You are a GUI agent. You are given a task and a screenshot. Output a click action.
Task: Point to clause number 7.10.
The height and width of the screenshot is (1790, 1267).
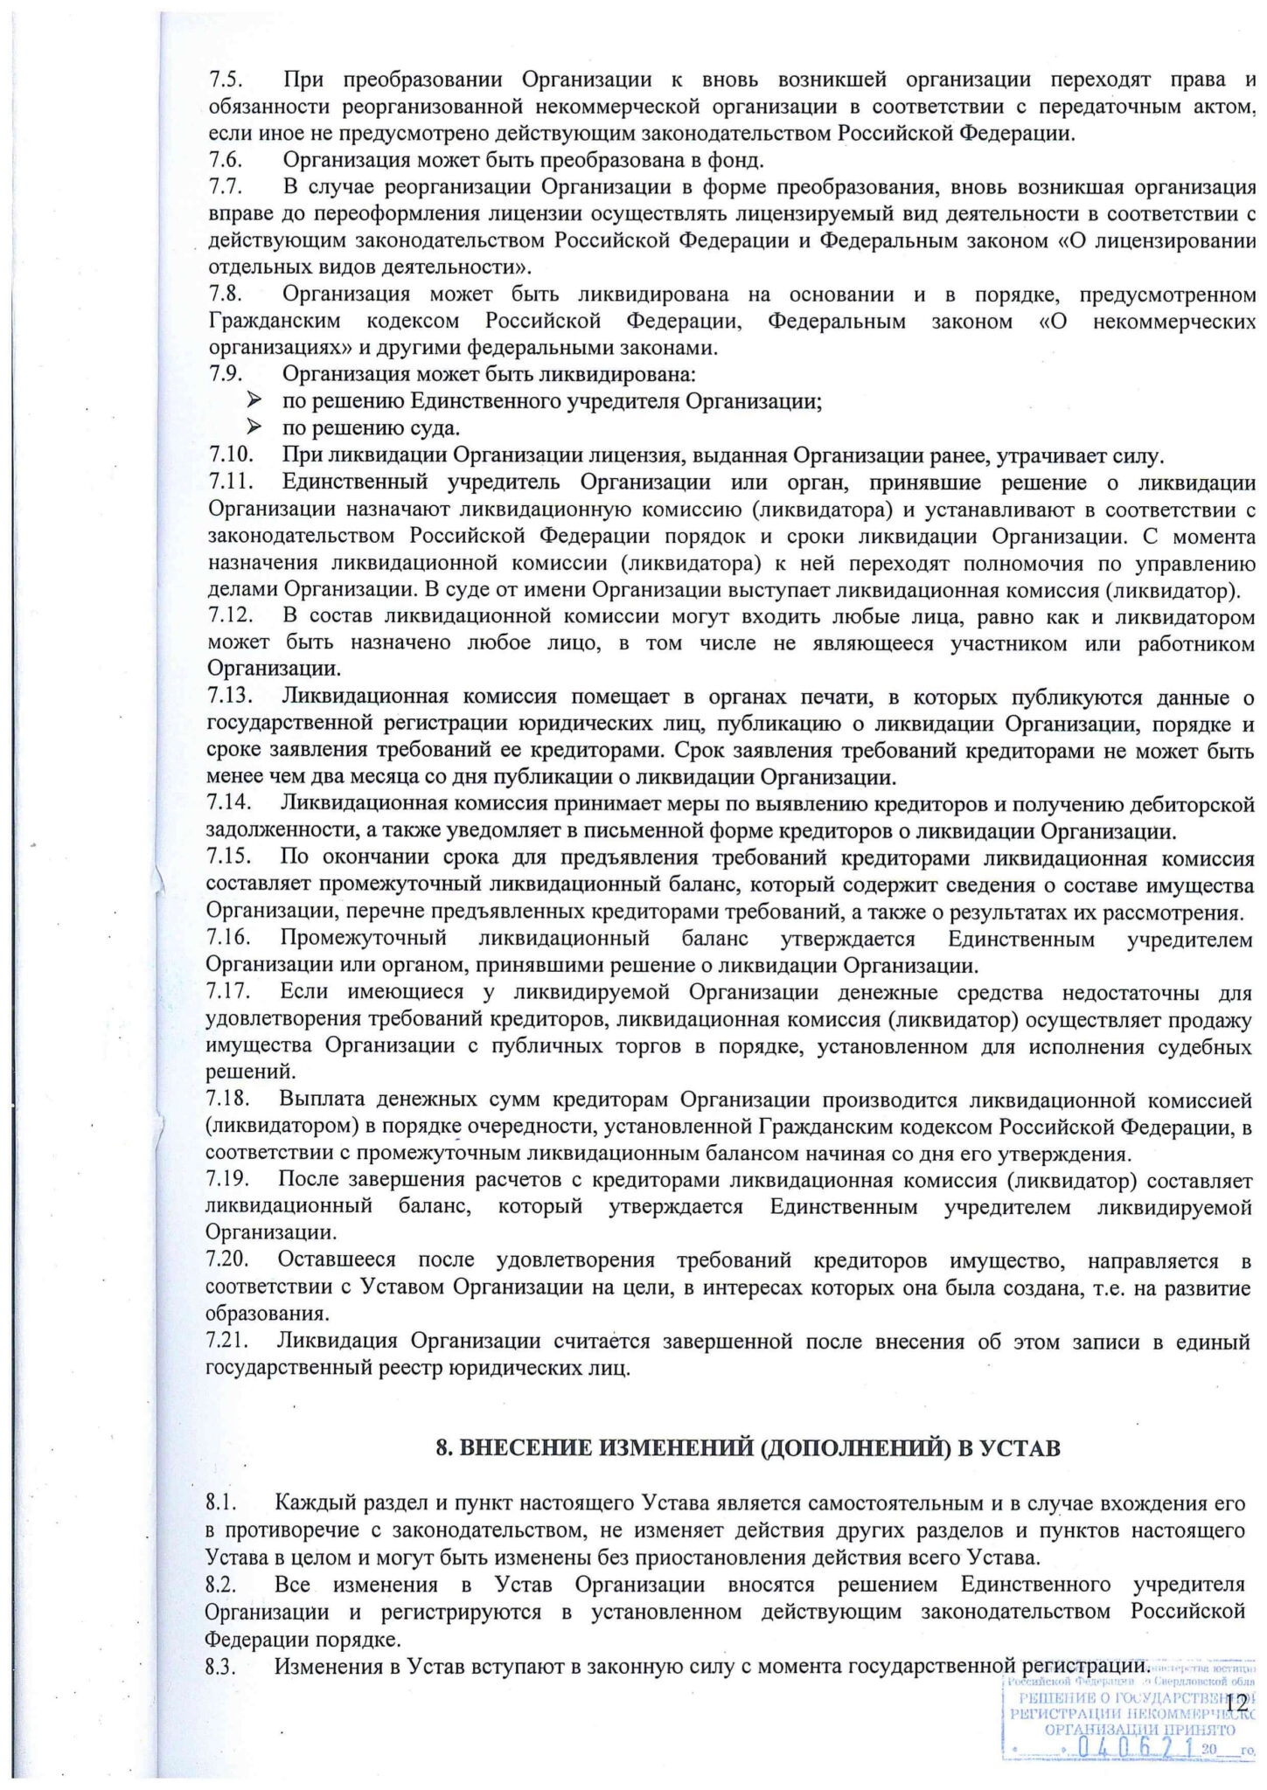tap(231, 455)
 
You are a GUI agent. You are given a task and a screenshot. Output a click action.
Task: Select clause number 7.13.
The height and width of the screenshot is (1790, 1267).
tap(230, 697)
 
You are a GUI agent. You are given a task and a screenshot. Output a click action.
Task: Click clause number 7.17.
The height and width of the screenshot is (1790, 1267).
tap(229, 992)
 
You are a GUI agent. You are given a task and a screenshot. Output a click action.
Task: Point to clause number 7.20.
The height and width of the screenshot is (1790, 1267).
tap(229, 1260)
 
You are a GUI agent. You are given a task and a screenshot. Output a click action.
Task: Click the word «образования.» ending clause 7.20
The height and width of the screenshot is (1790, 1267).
tap(254, 1314)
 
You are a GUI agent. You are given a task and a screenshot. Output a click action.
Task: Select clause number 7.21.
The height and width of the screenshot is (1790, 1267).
tap(228, 1341)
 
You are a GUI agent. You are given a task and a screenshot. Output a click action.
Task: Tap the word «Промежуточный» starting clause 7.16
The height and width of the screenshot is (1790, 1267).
tap(364, 939)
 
